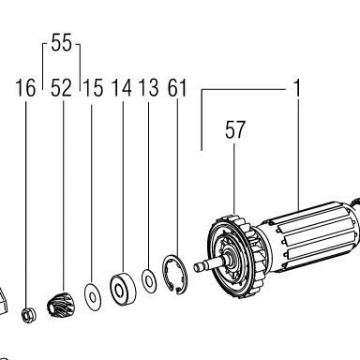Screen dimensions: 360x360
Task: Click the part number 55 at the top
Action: (61, 42)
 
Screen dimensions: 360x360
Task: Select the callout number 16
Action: (25, 88)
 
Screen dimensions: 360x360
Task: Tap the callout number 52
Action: (61, 88)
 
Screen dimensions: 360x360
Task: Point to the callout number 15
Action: (93, 88)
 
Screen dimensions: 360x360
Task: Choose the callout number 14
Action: (122, 88)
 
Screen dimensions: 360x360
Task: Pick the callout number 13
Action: (149, 88)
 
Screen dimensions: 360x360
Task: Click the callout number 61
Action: (177, 88)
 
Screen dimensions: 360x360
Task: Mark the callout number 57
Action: (235, 129)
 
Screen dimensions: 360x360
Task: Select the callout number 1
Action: (297, 88)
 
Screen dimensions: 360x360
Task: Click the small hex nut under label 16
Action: (28, 315)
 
